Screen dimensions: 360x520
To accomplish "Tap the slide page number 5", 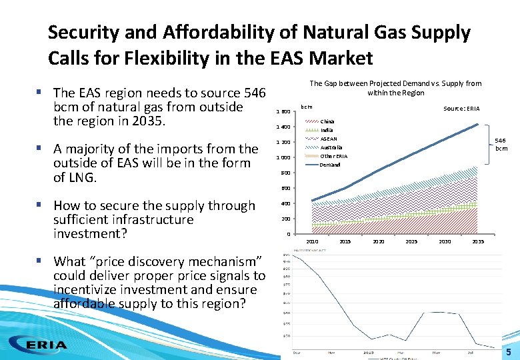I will tap(508, 352).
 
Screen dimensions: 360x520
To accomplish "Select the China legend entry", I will tap(327, 121).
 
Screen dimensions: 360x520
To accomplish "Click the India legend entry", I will tap(327, 130).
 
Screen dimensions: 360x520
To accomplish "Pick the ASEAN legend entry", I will tap(329, 139).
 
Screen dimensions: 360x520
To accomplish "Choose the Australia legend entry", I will tap(331, 147).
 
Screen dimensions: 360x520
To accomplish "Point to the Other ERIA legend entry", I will tap(333, 156).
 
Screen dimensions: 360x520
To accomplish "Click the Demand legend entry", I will tap(330, 165).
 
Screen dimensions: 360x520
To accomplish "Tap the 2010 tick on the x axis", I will tap(312, 241).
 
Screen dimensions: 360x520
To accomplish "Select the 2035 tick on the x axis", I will tap(478, 241).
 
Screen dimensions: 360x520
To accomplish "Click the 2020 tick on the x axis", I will tap(379, 241).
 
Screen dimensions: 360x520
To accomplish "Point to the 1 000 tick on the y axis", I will tap(283, 157).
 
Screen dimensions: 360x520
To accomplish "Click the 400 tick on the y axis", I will tap(285, 203).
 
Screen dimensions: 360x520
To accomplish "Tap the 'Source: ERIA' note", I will tap(461, 109).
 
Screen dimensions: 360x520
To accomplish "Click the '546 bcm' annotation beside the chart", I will tap(499, 144).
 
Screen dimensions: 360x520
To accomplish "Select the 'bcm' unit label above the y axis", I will tap(307, 106).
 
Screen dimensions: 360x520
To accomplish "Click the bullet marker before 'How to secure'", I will tap(43, 205).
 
